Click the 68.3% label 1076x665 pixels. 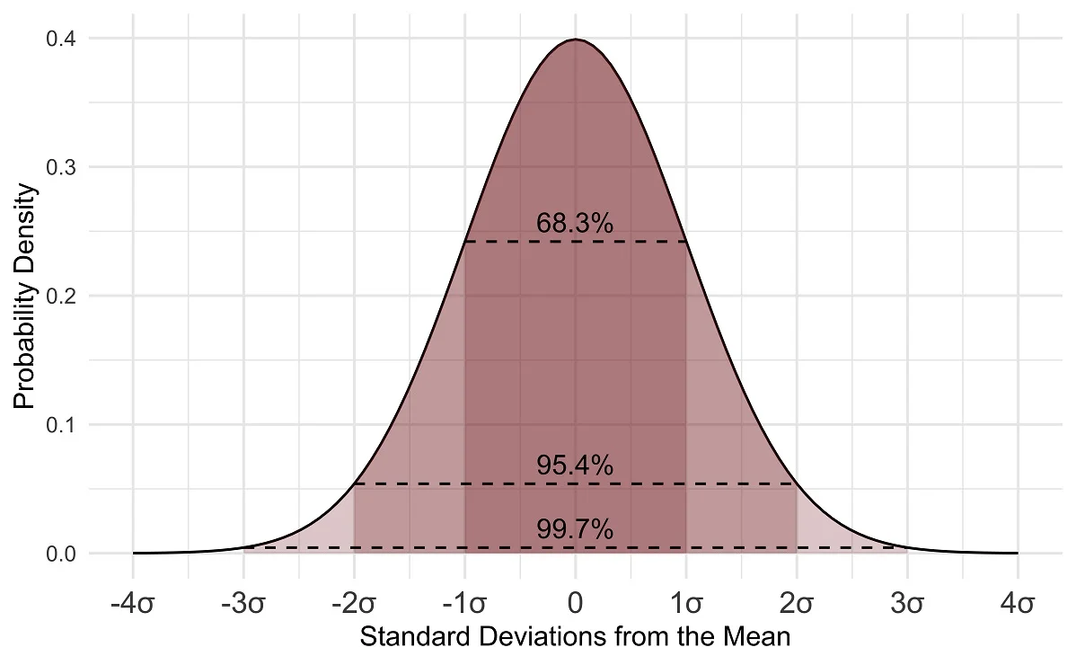pyautogui.click(x=575, y=223)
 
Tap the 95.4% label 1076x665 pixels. pyautogui.click(x=575, y=465)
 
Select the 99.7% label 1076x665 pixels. pyautogui.click(x=575, y=530)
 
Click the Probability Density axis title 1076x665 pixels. pyautogui.click(x=25, y=297)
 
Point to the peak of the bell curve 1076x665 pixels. pyautogui.click(x=576, y=40)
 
